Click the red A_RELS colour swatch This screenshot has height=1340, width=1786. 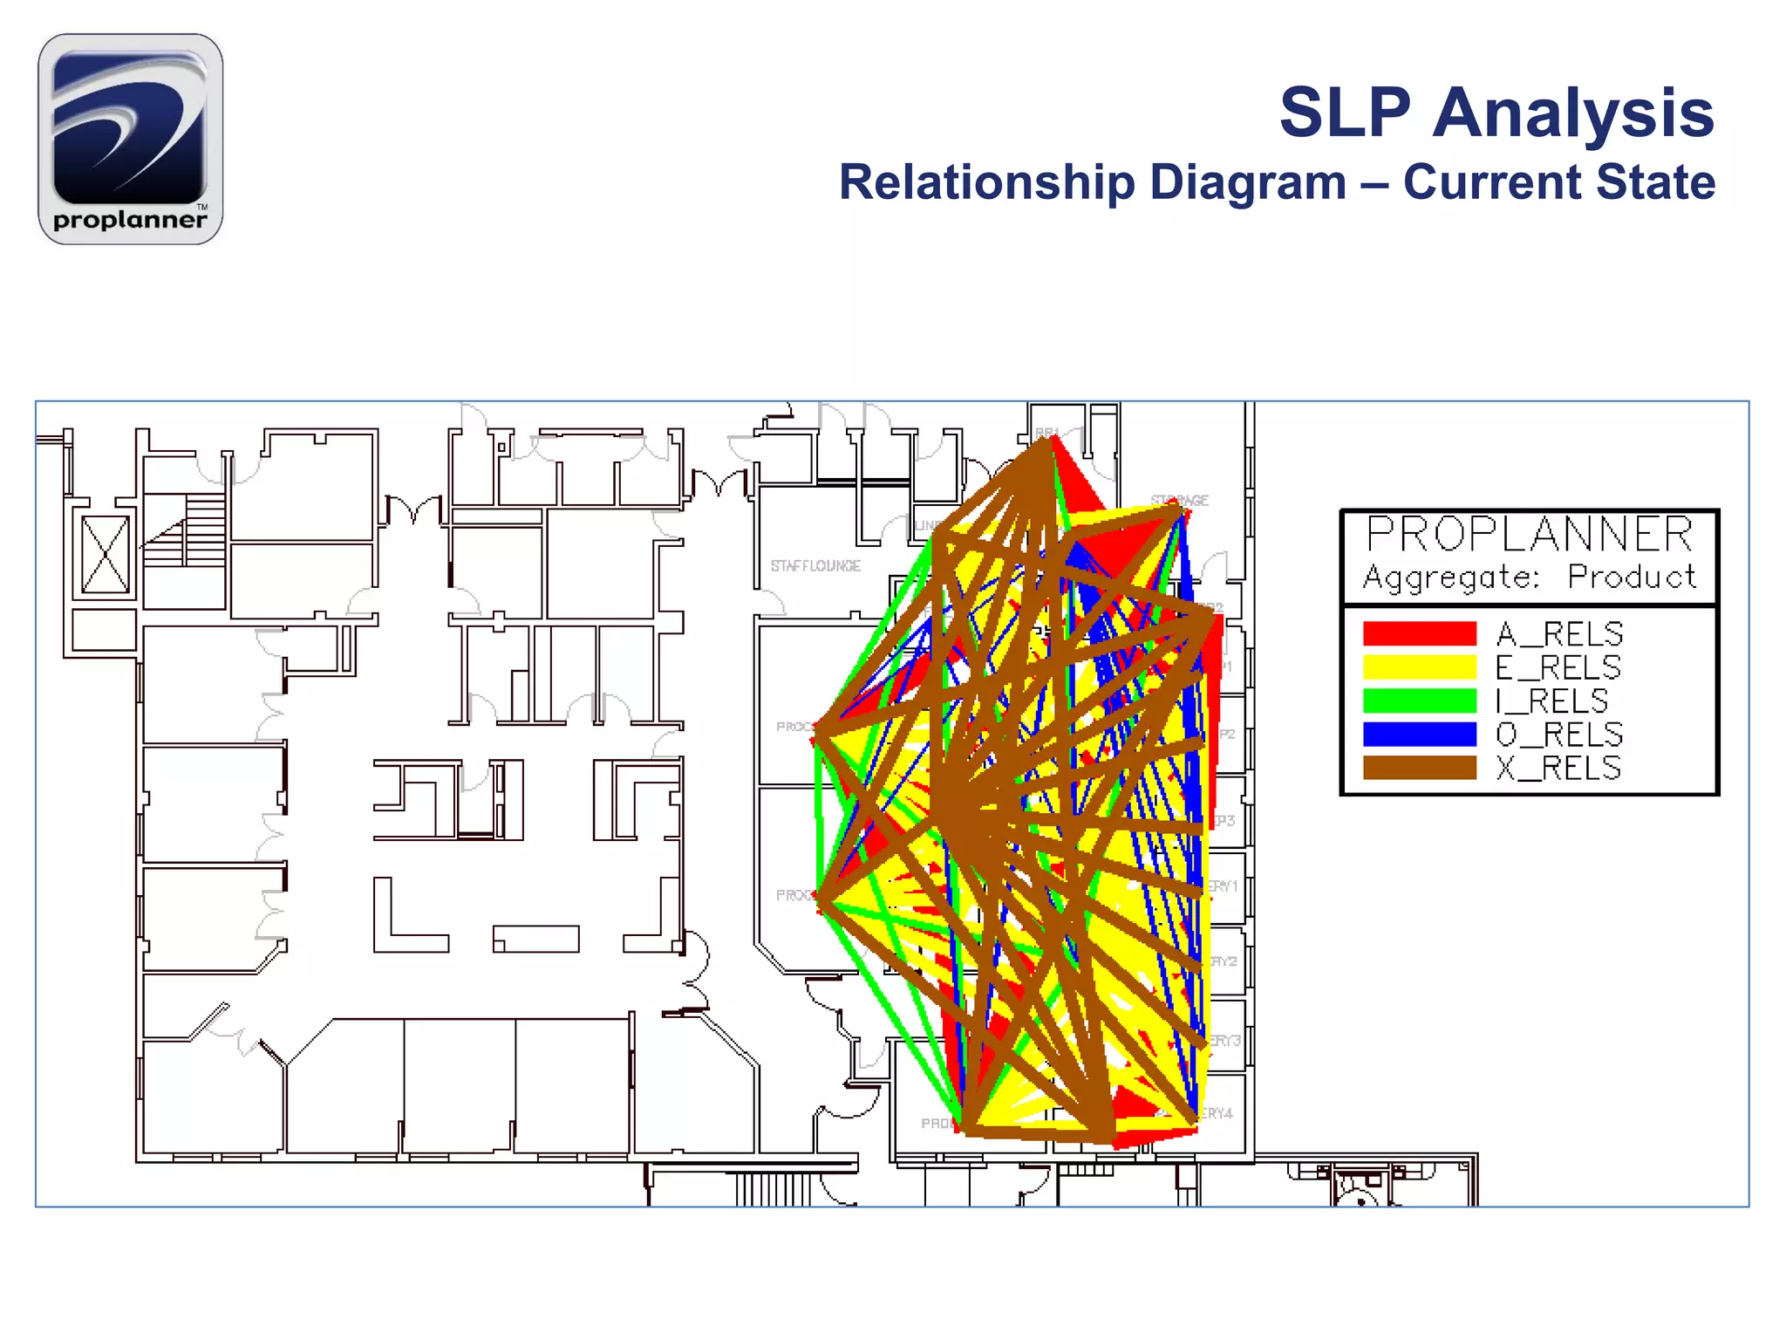[x=1419, y=633]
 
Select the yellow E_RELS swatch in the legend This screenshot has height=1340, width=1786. [x=1419, y=667]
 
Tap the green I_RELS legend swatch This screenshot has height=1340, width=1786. [x=1419, y=701]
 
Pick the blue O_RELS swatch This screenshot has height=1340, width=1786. [x=1419, y=735]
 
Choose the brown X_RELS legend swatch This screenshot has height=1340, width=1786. [x=1419, y=768]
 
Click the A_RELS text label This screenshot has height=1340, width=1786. [x=1559, y=633]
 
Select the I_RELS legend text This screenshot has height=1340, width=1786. [x=1551, y=701]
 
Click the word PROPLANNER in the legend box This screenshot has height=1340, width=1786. [x=1530, y=534]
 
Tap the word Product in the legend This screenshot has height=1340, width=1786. [x=1632, y=577]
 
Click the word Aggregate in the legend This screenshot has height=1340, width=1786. [x=1451, y=578]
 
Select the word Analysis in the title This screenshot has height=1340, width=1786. [x=1573, y=113]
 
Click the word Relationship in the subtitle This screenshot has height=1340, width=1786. [x=986, y=182]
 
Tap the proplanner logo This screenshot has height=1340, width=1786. [x=131, y=140]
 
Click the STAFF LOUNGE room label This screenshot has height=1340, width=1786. [x=815, y=566]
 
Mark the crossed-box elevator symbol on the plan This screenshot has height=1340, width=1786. [x=106, y=554]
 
